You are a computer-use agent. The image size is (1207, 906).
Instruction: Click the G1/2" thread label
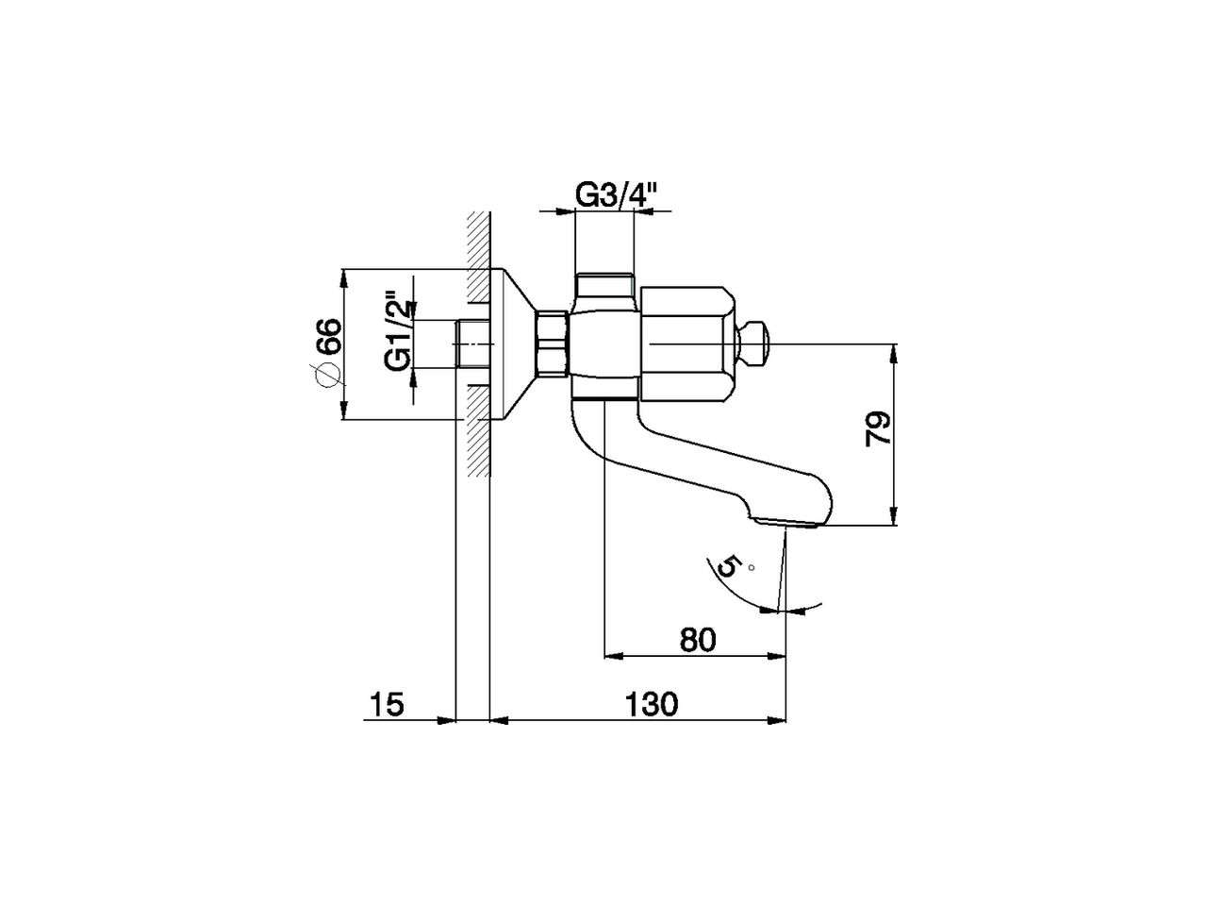coord(398,332)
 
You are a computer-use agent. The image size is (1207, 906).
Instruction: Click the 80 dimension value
coord(697,640)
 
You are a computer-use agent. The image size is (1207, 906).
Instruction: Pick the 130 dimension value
coord(650,705)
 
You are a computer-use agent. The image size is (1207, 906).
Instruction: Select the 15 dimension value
coord(387,705)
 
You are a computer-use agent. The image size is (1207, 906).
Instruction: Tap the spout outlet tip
coord(788,521)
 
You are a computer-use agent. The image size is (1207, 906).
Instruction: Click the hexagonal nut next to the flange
coord(552,344)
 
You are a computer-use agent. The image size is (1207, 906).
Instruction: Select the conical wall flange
coord(513,344)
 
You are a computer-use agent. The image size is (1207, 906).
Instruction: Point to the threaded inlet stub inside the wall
coord(471,344)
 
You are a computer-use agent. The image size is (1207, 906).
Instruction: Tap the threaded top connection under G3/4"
coord(604,285)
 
